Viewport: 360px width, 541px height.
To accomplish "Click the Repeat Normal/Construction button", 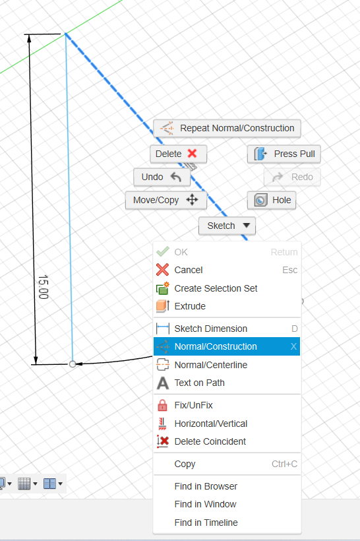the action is pos(227,129).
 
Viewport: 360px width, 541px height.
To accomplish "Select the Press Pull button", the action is pos(284,154).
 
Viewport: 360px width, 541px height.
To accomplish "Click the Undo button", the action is pos(162,177).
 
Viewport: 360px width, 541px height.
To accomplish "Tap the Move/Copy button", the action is pos(166,200).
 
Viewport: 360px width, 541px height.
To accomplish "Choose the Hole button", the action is pos(272,200).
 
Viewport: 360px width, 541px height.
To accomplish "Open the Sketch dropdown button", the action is pos(227,226).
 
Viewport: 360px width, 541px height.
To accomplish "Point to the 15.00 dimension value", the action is pos(43,287).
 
